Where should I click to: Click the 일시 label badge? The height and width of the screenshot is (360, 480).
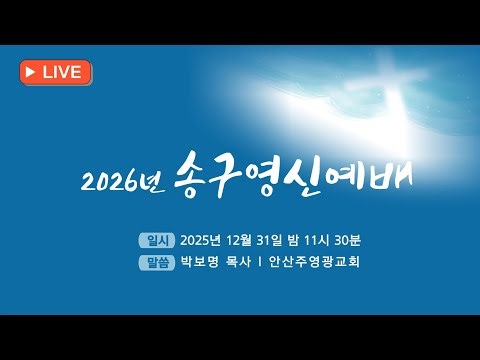pyautogui.click(x=159, y=240)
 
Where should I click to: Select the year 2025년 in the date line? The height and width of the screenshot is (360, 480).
pyautogui.click(x=207, y=240)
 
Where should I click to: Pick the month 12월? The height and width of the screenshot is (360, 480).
pyautogui.click(x=254, y=240)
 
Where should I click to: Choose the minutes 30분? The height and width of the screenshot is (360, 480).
pyautogui.click(x=384, y=240)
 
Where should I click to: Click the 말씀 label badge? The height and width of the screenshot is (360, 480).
pyautogui.click(x=159, y=264)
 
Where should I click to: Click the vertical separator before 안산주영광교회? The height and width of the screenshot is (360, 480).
pyautogui.click(x=261, y=264)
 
